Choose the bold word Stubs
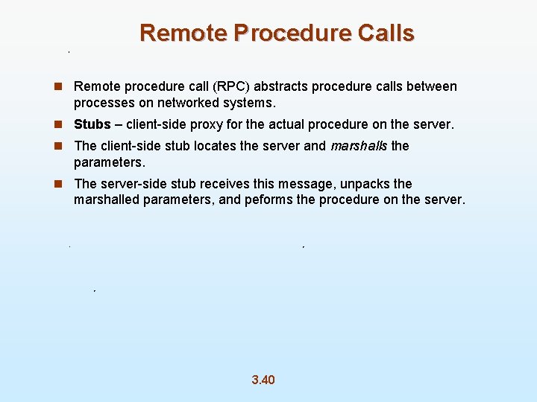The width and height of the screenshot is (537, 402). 92,124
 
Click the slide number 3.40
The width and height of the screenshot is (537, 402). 263,380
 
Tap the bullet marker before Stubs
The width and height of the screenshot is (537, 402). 57,124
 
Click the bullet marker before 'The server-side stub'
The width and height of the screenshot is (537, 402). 57,184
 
